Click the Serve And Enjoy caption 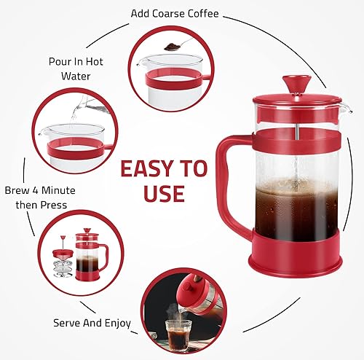(x=92, y=321)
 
